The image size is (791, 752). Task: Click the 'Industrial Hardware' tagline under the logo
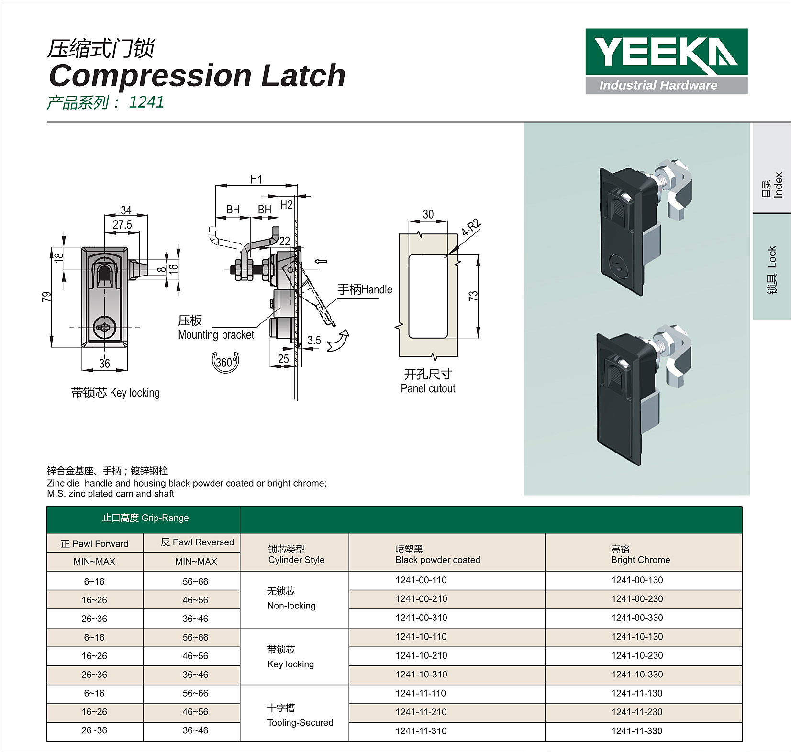658,86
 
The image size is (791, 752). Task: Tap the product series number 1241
146,102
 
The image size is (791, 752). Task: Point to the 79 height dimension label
46,297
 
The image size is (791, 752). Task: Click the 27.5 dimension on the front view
123,225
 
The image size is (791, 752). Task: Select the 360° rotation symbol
225,362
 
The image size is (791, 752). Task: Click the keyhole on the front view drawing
104,328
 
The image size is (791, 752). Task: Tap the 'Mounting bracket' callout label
216,335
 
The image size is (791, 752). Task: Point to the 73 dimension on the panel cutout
473,296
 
